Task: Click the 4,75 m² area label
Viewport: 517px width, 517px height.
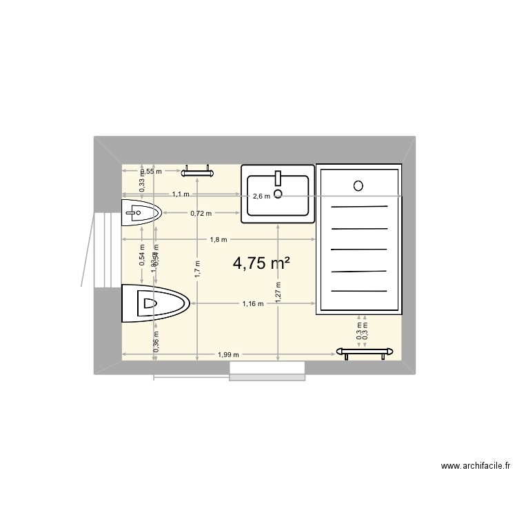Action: (x=261, y=263)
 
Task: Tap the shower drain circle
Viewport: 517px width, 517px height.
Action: (x=358, y=185)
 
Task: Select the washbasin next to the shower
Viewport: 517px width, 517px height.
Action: (x=277, y=195)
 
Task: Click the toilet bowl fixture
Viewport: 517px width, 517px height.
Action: (x=155, y=303)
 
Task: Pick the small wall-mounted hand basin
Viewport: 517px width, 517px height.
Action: (x=141, y=213)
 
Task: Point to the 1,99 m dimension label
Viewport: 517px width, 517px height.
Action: (x=228, y=355)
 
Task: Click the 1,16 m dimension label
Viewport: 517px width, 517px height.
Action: (x=253, y=303)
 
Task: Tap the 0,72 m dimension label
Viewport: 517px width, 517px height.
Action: (x=201, y=213)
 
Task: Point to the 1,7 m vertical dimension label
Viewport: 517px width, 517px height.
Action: (x=198, y=267)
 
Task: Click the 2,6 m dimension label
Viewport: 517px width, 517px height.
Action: (x=262, y=196)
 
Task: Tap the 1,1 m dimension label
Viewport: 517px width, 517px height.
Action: (x=181, y=195)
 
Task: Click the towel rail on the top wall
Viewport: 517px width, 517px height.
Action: (x=198, y=168)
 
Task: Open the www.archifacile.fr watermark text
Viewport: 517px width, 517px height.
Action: (x=476, y=467)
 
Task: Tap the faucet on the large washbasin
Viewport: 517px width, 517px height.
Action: (x=278, y=179)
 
